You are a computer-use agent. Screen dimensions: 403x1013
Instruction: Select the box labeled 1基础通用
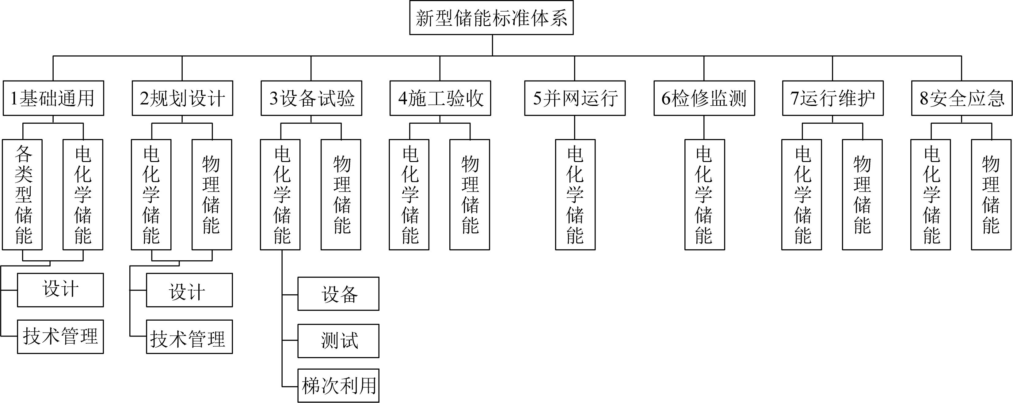(x=53, y=98)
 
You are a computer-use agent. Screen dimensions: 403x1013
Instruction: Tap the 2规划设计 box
(x=182, y=98)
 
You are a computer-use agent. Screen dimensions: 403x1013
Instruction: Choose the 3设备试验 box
(x=311, y=98)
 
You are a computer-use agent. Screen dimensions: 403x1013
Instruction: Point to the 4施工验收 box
(x=440, y=98)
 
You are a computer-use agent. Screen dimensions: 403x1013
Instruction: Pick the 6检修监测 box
(x=704, y=98)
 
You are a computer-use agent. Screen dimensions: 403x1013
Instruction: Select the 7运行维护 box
(x=832, y=98)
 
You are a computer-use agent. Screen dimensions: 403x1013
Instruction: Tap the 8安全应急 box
(x=962, y=98)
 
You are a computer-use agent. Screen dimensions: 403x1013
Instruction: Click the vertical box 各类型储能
(x=22, y=194)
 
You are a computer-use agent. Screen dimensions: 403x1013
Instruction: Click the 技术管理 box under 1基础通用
(x=60, y=337)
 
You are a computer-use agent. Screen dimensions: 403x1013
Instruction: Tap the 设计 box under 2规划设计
(x=189, y=290)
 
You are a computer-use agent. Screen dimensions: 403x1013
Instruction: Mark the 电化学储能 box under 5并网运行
(x=575, y=194)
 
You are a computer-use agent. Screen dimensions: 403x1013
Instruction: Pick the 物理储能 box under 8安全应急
(x=991, y=194)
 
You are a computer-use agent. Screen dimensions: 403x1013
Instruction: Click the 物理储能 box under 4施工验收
(x=470, y=194)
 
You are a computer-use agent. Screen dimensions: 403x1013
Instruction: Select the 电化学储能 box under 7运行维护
(x=802, y=194)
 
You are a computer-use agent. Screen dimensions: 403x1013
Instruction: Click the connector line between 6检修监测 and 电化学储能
(x=704, y=128)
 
